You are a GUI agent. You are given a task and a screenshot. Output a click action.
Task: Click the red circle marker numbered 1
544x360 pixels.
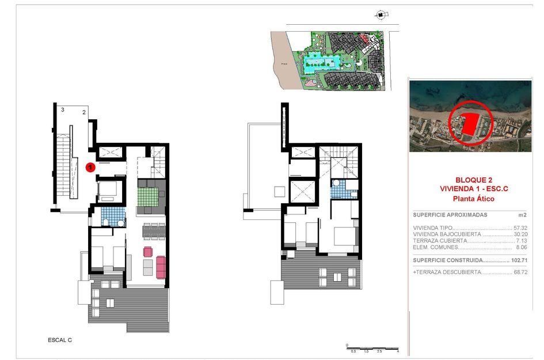pyautogui.click(x=90, y=168)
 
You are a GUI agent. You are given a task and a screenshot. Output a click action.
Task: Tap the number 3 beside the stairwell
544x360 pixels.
pyautogui.click(x=62, y=109)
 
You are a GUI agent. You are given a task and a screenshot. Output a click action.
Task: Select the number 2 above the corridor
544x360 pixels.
pyautogui.click(x=84, y=112)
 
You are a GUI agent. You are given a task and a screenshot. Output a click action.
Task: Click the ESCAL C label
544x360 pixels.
pyautogui.click(x=60, y=340)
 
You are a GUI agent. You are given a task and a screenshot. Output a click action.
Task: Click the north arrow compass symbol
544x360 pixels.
pyautogui.click(x=380, y=15)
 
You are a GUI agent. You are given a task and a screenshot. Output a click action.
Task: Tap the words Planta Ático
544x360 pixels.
pyautogui.click(x=470, y=198)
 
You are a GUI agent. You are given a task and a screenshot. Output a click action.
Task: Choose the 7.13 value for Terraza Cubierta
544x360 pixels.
pyautogui.click(x=522, y=241)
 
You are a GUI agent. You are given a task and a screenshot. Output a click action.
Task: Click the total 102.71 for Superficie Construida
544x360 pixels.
pyautogui.click(x=519, y=259)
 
